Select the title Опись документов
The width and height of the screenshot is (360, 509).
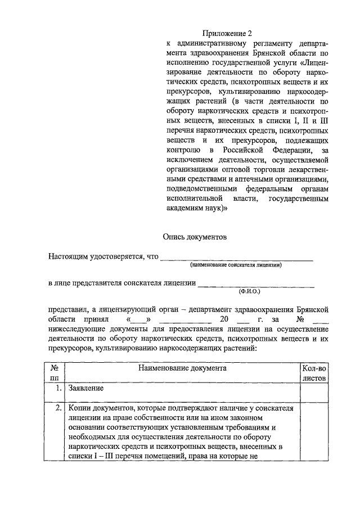[195, 237]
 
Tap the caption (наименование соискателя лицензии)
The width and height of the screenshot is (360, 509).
[236, 265]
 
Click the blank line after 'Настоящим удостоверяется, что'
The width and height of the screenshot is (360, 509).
[237, 259]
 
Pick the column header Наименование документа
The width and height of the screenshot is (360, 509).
[183, 368]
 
